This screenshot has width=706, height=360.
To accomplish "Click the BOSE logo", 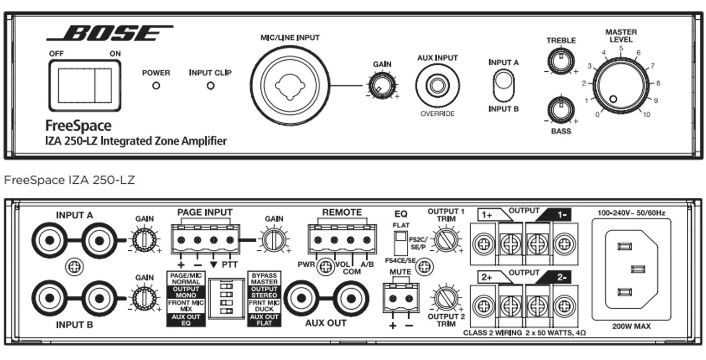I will click(110, 34).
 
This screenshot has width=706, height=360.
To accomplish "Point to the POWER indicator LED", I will click(156, 86).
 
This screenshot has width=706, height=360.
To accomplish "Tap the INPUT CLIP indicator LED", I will click(210, 86).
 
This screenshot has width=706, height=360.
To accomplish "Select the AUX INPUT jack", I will click(437, 85).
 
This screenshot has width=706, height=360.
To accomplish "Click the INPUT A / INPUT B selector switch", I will click(503, 85).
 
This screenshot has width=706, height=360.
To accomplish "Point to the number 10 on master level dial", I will click(646, 114).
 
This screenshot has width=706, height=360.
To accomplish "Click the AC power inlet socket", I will click(631, 269).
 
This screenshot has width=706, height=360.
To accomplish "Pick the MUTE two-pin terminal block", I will click(401, 298).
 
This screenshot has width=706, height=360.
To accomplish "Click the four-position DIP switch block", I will click(226, 298).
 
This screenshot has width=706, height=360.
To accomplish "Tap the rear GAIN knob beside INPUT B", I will click(144, 298).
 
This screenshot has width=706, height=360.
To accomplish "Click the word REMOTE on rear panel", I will click(342, 212).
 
